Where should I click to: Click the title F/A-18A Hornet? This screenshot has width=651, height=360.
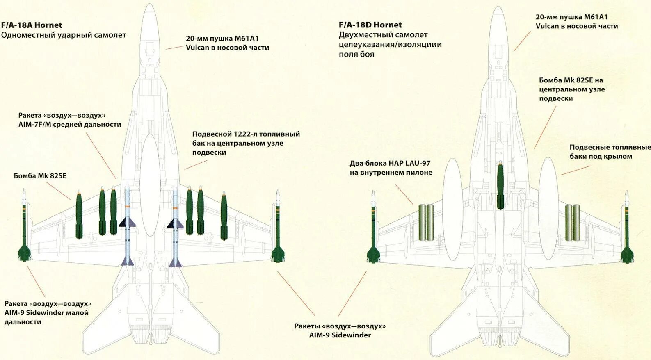tap(32, 25)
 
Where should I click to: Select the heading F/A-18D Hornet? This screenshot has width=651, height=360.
tap(370, 25)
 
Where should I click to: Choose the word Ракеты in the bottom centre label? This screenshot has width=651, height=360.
tap(307, 326)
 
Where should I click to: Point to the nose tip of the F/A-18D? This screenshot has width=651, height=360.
tap(498, 7)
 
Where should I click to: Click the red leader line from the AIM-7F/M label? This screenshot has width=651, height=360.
tap(101, 155)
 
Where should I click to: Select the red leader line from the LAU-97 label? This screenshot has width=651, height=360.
tap(404, 194)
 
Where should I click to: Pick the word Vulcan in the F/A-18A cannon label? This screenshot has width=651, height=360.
tap(197, 48)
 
